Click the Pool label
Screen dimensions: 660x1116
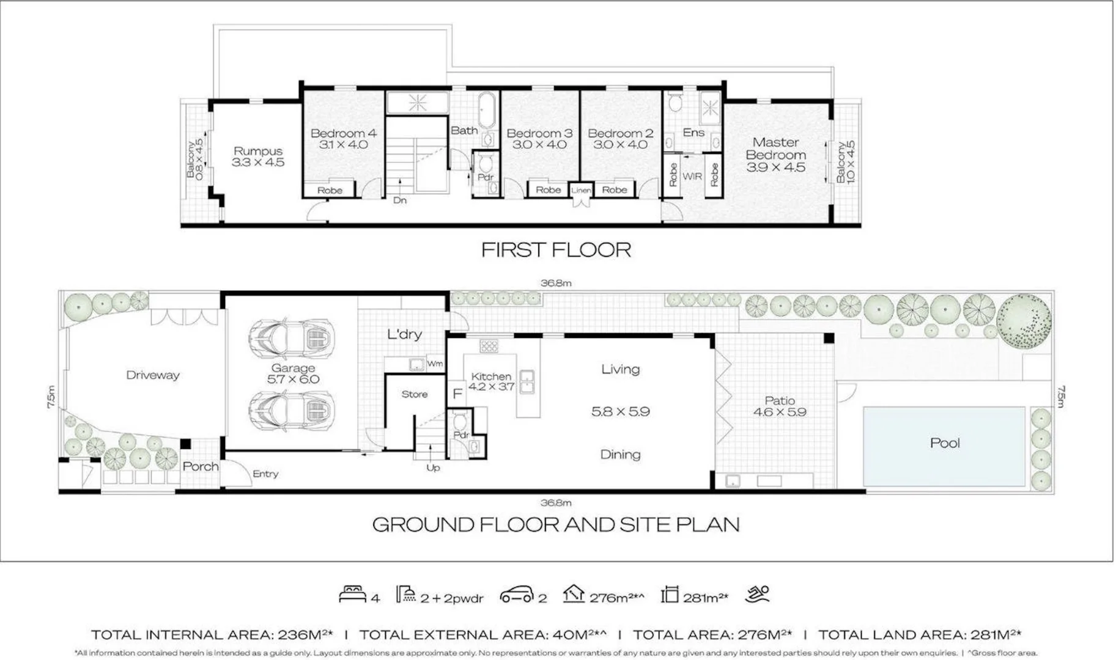[944, 443]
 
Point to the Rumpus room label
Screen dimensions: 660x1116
[257, 151]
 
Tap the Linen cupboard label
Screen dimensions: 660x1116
[580, 191]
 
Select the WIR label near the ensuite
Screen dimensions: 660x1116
[692, 177]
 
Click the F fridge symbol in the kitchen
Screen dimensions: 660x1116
[457, 394]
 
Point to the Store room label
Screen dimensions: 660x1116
[415, 394]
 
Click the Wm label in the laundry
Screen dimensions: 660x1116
[435, 364]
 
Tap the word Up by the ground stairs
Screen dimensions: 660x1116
[433, 468]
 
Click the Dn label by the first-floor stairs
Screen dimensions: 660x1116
[400, 200]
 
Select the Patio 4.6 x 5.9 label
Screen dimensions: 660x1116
[780, 406]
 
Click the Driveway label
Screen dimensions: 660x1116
[153, 375]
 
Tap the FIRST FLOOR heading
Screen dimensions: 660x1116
[556, 249]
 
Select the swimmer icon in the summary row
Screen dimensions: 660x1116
[758, 594]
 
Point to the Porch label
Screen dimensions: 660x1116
[201, 466]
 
